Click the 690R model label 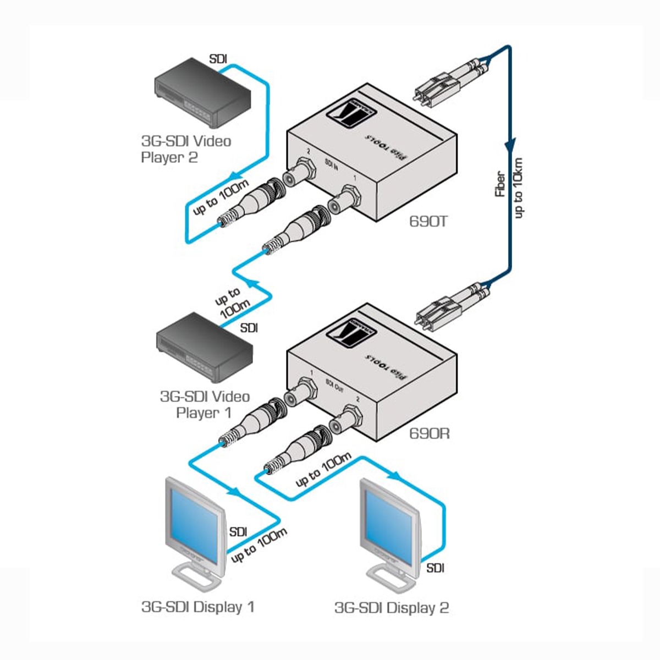tap(430, 433)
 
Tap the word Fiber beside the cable tap(500, 185)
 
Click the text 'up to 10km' tap(518, 187)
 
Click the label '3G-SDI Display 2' tap(392, 608)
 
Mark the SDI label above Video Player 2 tap(218, 59)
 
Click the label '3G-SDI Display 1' tap(198, 607)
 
